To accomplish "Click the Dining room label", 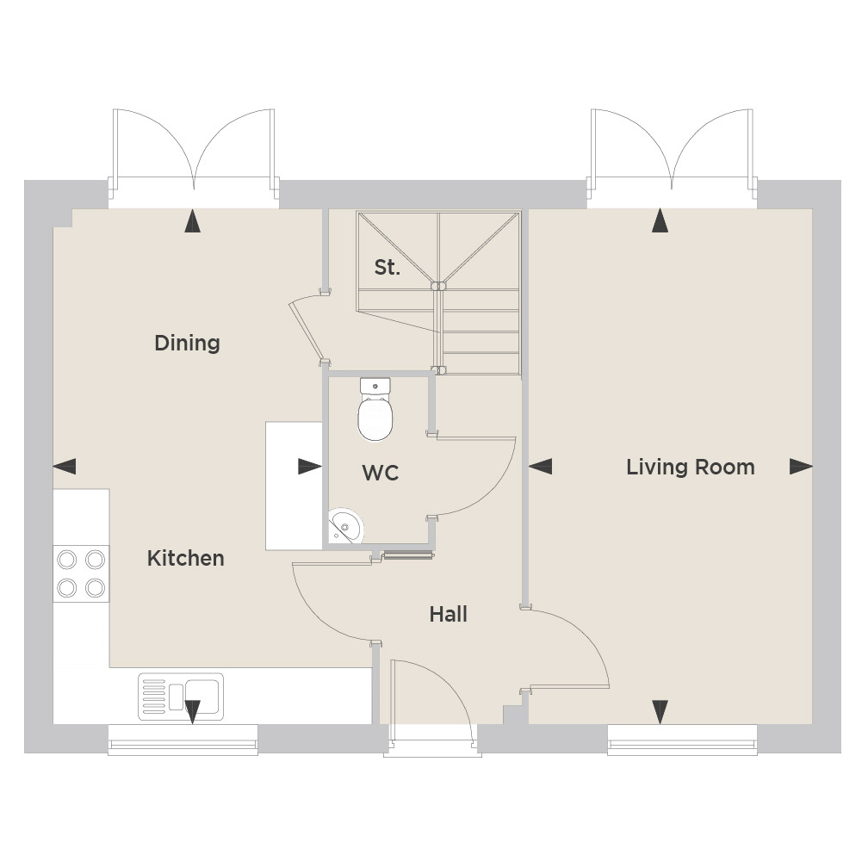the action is pyautogui.click(x=187, y=343).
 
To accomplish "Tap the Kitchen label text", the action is pyautogui.click(x=185, y=559).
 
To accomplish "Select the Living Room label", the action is pyautogui.click(x=691, y=468).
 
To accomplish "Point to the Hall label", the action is pyautogui.click(x=448, y=614).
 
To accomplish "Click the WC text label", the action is pyautogui.click(x=381, y=473).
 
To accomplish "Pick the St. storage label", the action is pyautogui.click(x=387, y=267).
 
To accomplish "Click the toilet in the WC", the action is pyautogui.click(x=375, y=408).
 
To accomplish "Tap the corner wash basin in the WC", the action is pyautogui.click(x=344, y=525).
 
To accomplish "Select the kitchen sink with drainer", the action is pyautogui.click(x=181, y=696).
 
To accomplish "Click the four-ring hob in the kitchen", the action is pyautogui.click(x=81, y=573).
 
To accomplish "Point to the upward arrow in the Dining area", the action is pyautogui.click(x=192, y=221).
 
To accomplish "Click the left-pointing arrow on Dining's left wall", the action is pyautogui.click(x=65, y=467).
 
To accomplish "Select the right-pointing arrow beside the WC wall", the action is pyautogui.click(x=310, y=467).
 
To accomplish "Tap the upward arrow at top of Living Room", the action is pyautogui.click(x=660, y=220).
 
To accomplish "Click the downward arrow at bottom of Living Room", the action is pyautogui.click(x=660, y=712).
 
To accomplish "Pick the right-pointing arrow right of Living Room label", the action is pyautogui.click(x=801, y=467).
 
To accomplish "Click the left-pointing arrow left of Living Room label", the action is pyautogui.click(x=541, y=467).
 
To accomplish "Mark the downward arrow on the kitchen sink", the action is pyautogui.click(x=192, y=712).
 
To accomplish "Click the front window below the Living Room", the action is pyautogui.click(x=682, y=740).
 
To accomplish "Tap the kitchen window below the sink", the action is pyautogui.click(x=183, y=740).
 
